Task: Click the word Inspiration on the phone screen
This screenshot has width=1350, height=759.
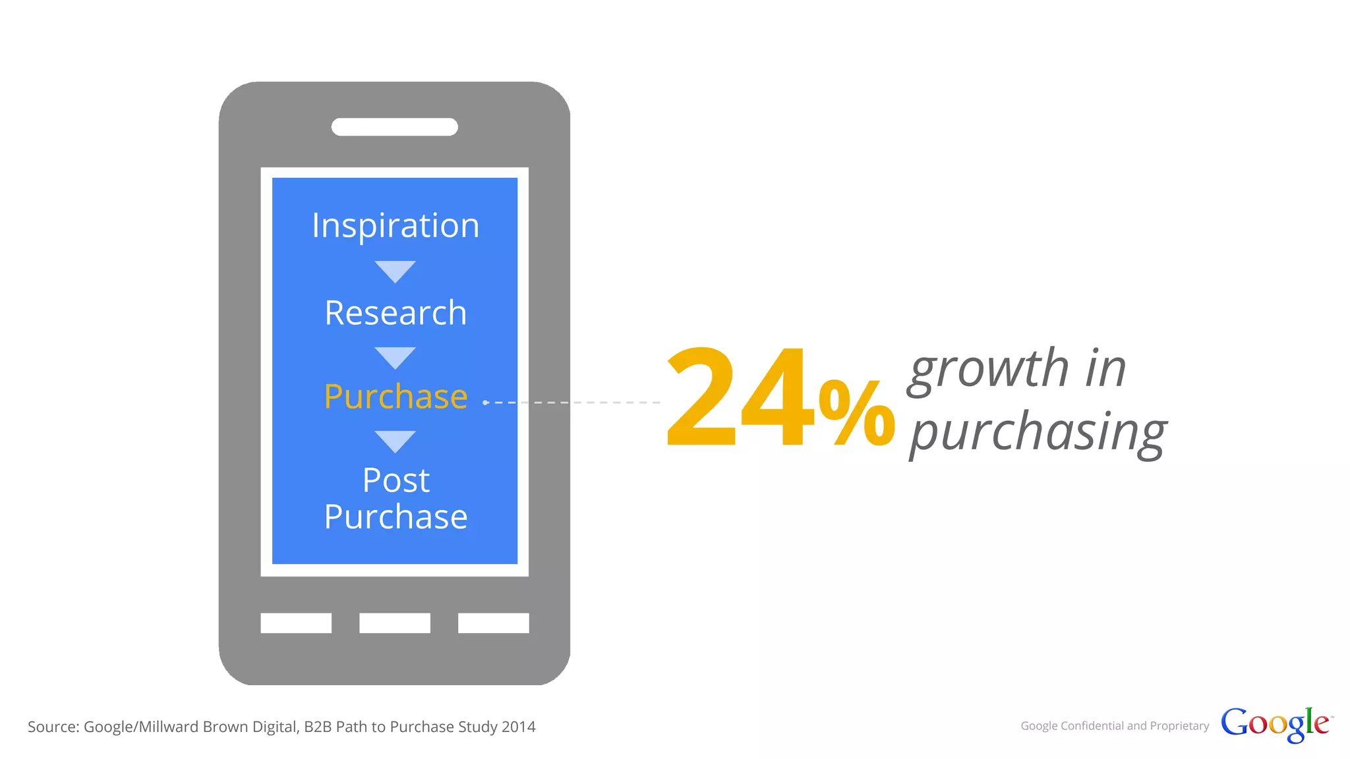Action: (x=396, y=226)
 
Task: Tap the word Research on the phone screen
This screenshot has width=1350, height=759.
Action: (x=396, y=313)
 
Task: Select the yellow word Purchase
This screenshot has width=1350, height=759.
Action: (x=396, y=397)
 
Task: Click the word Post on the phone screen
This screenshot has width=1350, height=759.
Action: (x=396, y=480)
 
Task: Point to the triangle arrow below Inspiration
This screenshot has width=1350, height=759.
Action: (x=395, y=271)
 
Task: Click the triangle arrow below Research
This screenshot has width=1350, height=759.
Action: (x=395, y=357)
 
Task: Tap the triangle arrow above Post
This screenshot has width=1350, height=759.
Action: (x=395, y=441)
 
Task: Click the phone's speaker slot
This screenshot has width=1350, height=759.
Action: (x=394, y=127)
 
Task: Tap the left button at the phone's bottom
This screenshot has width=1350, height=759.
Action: (x=296, y=623)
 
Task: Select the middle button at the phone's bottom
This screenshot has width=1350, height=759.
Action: (x=395, y=623)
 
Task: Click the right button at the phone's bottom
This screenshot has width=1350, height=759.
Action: (x=493, y=623)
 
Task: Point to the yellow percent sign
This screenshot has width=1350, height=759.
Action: (x=856, y=413)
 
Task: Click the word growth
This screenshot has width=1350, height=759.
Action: (x=989, y=369)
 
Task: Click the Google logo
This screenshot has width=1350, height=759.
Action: (x=1275, y=724)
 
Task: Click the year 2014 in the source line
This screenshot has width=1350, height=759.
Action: (x=518, y=727)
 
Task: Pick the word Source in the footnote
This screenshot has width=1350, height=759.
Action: (x=52, y=727)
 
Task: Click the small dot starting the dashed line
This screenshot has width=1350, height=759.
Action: (x=485, y=403)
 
